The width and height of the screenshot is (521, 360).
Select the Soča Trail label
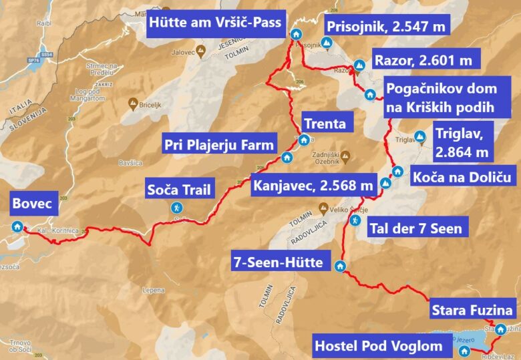[x=180, y=190]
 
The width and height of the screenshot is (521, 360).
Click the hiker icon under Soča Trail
[x=177, y=207]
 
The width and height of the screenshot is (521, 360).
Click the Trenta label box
[x=325, y=124]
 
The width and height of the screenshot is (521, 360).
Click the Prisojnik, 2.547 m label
[x=387, y=27]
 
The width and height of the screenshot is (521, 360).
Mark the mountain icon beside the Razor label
[x=359, y=65]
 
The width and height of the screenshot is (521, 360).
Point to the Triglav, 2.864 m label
[x=462, y=142]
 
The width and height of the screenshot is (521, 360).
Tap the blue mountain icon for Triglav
[x=420, y=138]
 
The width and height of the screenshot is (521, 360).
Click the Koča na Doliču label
[x=462, y=177]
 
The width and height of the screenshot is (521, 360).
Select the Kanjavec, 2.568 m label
[x=312, y=185]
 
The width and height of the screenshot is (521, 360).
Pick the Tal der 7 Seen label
[x=415, y=228]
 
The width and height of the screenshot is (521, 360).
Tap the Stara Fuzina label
[x=472, y=310]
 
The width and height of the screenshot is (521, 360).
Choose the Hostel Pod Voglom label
[x=378, y=345]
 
